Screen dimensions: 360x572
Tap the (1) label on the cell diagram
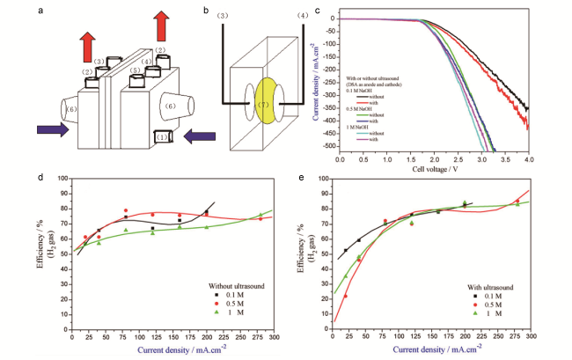click(x=162, y=136)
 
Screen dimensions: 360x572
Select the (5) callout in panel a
click(x=135, y=70)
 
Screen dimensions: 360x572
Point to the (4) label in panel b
click(x=304, y=15)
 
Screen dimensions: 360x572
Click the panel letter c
click(x=316, y=7)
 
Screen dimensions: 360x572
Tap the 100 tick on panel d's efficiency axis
click(x=64, y=179)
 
